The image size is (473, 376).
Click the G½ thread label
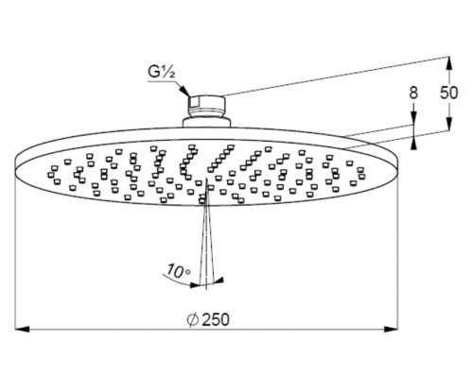[x=161, y=73]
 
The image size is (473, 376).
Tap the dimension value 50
[x=448, y=93]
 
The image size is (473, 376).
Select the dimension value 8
[x=413, y=93]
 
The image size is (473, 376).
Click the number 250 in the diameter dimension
[x=216, y=320]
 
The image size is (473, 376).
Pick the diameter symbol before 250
[x=192, y=320]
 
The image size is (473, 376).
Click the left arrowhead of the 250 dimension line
[x=22, y=330]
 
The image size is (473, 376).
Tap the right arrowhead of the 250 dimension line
[x=391, y=330]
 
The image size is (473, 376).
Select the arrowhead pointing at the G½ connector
[x=184, y=90]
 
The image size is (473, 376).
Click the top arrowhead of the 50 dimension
[x=449, y=63]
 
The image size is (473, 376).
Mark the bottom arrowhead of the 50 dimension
[x=449, y=124]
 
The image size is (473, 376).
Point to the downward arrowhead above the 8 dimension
[x=413, y=118]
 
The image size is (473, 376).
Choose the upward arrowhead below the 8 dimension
[x=413, y=143]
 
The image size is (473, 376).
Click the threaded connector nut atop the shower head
[x=207, y=106]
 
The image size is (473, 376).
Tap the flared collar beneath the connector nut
[x=207, y=122]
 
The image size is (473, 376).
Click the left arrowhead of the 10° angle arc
[x=195, y=285]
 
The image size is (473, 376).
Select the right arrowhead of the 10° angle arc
[x=219, y=280]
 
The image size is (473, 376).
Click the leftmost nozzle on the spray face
[x=50, y=175]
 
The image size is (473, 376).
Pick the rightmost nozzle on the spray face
[x=362, y=176]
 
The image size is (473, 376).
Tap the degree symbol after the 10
[x=188, y=272]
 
